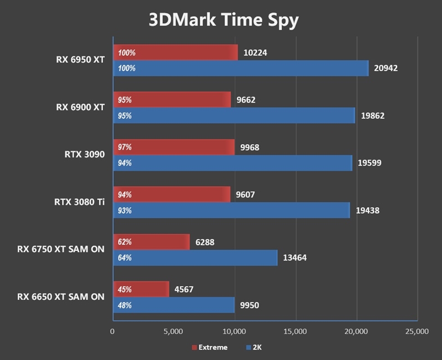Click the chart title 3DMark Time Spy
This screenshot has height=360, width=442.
(223, 20)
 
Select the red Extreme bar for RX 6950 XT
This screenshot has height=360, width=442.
(176, 53)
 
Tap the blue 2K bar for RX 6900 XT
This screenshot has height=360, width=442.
(234, 116)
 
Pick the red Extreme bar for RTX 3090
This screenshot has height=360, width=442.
(174, 147)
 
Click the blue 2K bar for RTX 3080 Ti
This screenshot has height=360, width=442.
(231, 210)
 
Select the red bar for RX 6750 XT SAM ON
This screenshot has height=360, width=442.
(151, 242)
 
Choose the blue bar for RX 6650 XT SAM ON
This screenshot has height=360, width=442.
(174, 305)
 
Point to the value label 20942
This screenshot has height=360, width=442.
(386, 68)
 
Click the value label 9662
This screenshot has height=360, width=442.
(245, 100)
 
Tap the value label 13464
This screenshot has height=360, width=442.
(294, 258)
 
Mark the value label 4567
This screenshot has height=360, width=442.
(183, 289)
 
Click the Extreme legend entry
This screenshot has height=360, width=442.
(209, 347)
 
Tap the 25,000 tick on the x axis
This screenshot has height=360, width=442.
(417, 332)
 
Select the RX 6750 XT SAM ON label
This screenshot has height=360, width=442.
(60, 250)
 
